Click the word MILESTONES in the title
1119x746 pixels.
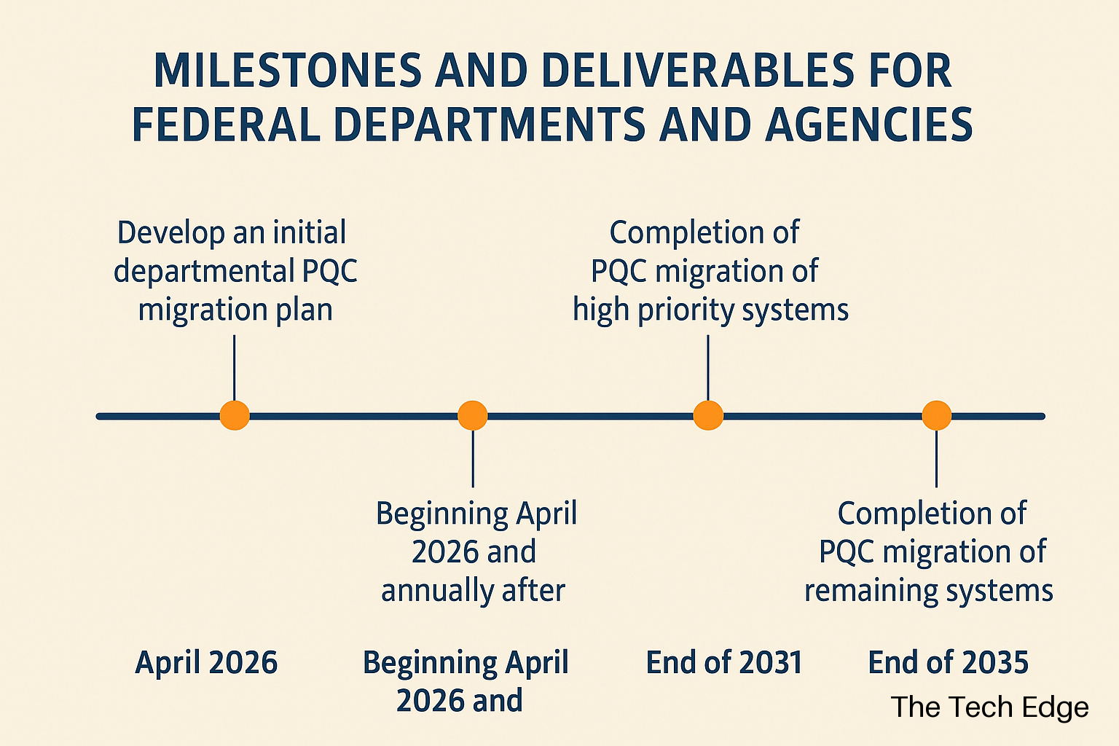pyautogui.click(x=288, y=71)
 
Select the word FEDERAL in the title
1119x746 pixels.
pyautogui.click(x=227, y=125)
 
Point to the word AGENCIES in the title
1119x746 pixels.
pyautogui.click(x=868, y=125)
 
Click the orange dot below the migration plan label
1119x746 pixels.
pyautogui.click(x=235, y=415)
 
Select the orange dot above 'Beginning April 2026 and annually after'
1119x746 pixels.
pyautogui.click(x=473, y=415)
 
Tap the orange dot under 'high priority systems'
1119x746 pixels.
pyautogui.click(x=708, y=415)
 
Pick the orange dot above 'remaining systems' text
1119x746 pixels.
pyautogui.click(x=937, y=415)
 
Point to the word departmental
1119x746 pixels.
pyautogui.click(x=204, y=271)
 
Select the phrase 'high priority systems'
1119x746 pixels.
pyautogui.click(x=710, y=310)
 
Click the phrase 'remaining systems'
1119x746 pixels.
pyautogui.click(x=929, y=591)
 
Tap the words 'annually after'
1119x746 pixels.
pyautogui.click(x=473, y=590)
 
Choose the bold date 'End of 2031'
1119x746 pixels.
pyautogui.click(x=724, y=662)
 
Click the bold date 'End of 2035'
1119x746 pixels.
pyautogui.click(x=948, y=662)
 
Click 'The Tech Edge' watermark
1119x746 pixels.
pyautogui.click(x=989, y=707)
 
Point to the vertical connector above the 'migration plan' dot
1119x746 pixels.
pyautogui.click(x=235, y=368)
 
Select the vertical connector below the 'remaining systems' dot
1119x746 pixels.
pyautogui.click(x=937, y=459)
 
